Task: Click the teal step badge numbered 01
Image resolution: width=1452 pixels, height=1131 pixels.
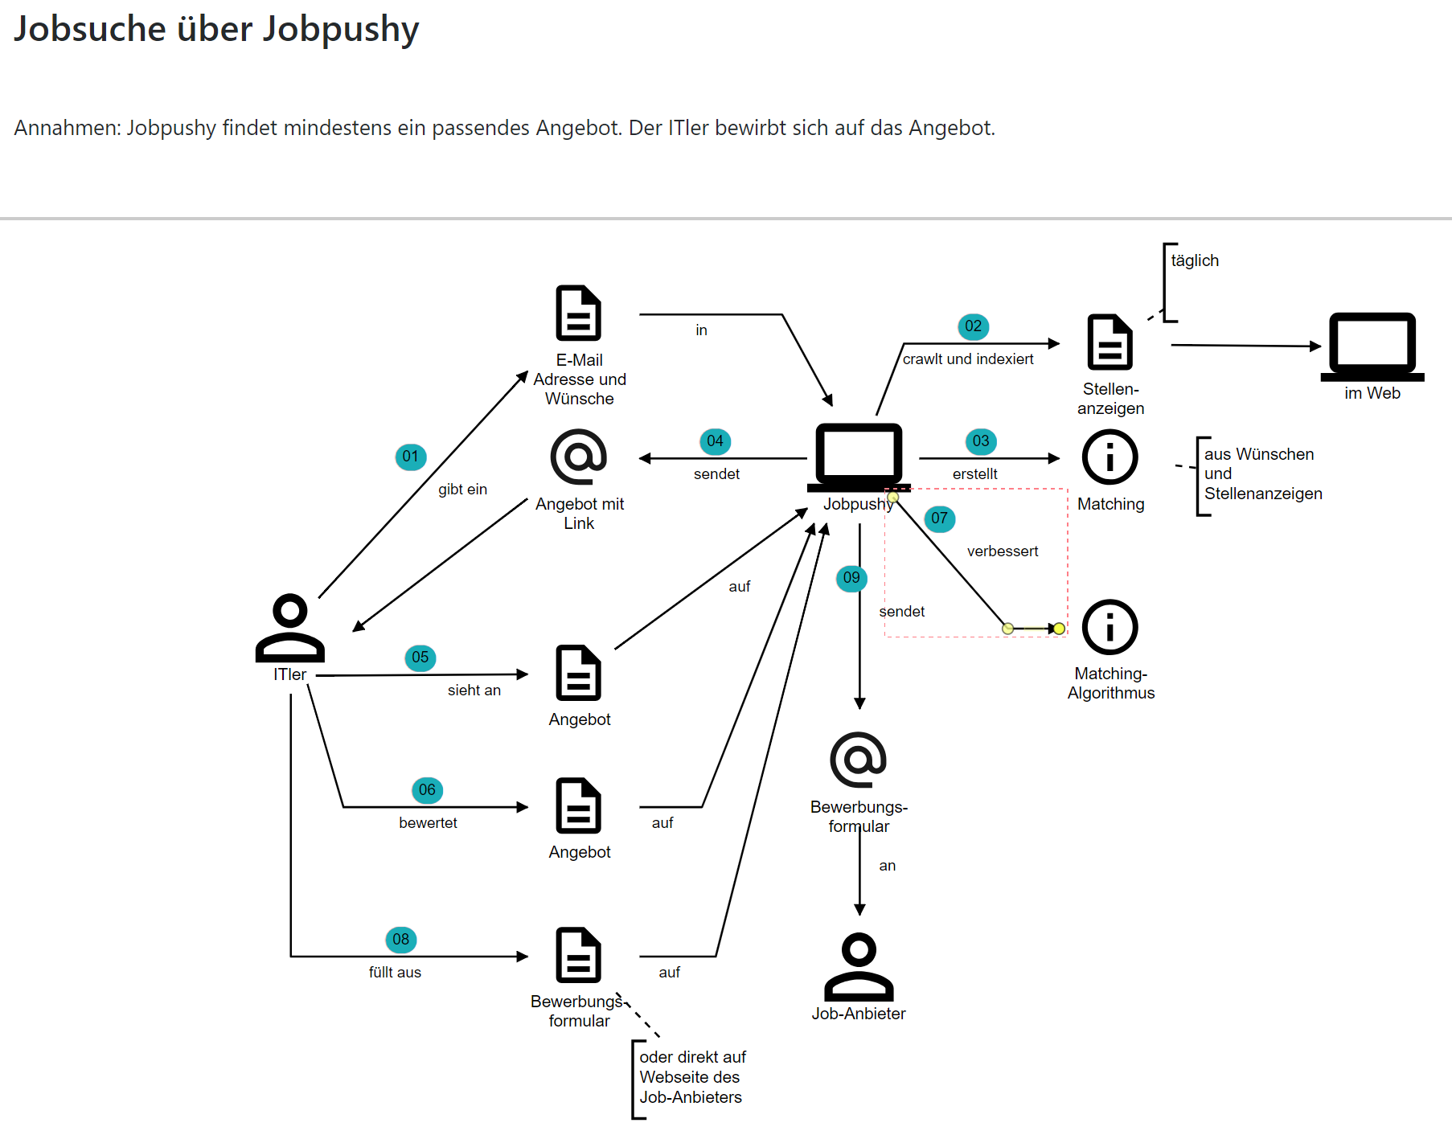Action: point(411,457)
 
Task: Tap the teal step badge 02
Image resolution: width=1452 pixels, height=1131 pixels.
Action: point(973,326)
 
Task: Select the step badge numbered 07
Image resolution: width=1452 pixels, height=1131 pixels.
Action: point(939,518)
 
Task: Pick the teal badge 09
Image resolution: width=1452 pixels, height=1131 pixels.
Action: point(851,578)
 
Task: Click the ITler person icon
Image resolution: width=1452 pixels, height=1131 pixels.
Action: point(290,628)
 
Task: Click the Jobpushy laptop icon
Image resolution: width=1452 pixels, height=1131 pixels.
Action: point(859,457)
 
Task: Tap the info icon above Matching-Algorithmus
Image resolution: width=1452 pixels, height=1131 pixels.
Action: point(1110,627)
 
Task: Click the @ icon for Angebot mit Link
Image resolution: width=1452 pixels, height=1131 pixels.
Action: point(579,457)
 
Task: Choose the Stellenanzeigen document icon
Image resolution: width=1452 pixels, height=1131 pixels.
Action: point(1110,342)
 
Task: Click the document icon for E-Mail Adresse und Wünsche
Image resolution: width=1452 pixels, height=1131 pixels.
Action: point(579,313)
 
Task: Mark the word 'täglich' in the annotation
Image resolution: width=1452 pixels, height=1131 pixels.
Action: point(1195,260)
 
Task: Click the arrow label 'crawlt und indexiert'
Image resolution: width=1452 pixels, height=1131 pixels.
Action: point(968,359)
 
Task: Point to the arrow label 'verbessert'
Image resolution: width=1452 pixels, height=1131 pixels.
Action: point(1003,551)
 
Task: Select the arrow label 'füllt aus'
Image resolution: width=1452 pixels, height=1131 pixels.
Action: point(395,973)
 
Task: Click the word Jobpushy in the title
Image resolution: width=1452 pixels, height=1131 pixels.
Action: point(341,30)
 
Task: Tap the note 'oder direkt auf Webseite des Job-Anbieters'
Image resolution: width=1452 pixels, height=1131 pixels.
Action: point(691,1077)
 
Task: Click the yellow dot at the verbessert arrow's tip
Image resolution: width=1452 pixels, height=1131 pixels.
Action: point(1059,629)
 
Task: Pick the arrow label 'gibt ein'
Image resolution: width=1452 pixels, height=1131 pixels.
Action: point(462,490)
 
